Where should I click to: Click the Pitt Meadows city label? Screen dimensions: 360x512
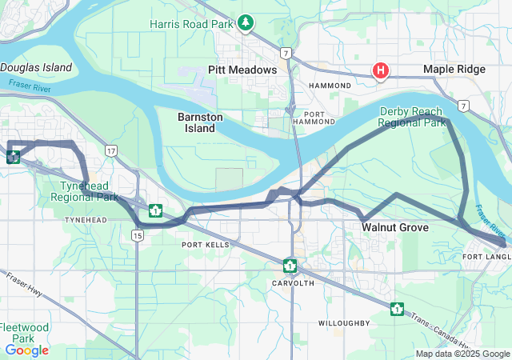pos(242,70)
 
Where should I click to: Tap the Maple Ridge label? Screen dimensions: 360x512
pos(454,70)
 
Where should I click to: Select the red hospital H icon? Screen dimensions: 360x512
pos(381,70)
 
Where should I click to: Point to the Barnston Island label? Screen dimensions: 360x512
pos(196,122)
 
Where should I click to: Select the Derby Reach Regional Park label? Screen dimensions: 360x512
pos(411,117)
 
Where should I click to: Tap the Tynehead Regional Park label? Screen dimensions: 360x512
pos(84,190)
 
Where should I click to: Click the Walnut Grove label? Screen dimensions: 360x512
pos(394,227)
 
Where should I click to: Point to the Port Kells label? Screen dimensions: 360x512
pos(205,245)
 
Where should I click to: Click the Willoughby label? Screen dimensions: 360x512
pos(343,323)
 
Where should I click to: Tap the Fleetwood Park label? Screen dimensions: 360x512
pos(23,333)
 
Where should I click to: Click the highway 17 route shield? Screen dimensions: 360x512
pos(110,150)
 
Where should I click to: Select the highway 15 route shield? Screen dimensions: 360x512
pos(138,235)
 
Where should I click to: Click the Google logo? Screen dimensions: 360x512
pos(26,350)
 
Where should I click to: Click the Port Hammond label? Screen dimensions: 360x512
pos(313,117)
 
